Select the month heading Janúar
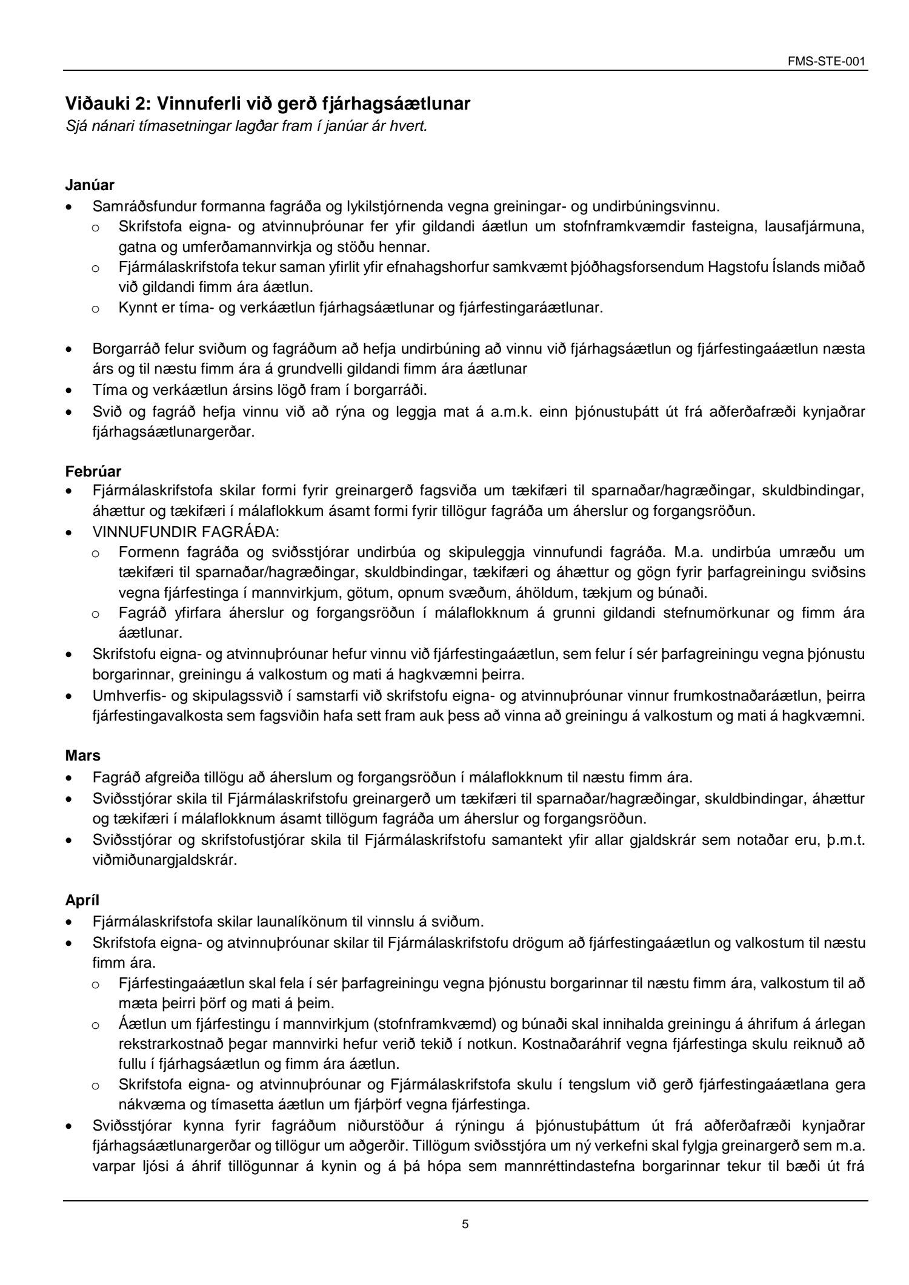point(90,184)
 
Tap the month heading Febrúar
point(93,471)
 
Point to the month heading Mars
point(83,756)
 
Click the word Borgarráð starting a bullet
point(122,349)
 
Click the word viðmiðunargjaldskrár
point(164,860)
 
